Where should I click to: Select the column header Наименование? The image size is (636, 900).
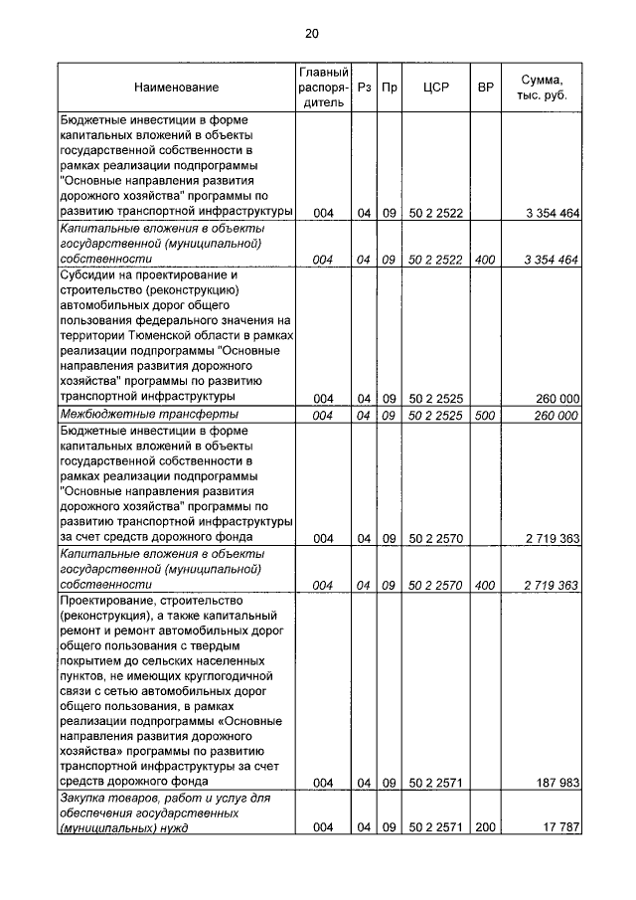coord(177,88)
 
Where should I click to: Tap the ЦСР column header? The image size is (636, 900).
coord(436,88)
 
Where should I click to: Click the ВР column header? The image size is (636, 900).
coord(485,88)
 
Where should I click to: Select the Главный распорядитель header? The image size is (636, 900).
coord(323,88)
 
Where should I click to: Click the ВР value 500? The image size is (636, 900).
coord(485,415)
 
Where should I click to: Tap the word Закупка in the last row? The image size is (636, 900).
coord(85,798)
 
